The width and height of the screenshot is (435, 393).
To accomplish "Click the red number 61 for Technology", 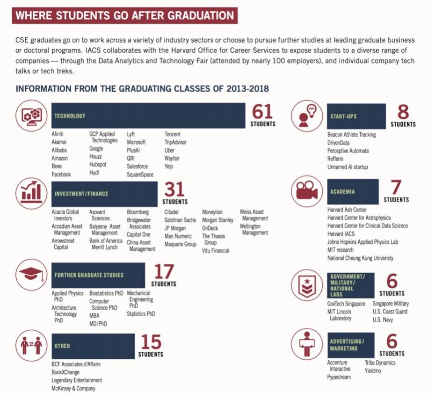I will [x=262, y=112].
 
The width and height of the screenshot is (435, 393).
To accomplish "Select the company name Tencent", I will [x=172, y=134].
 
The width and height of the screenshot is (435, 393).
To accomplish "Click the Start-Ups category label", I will [x=343, y=116].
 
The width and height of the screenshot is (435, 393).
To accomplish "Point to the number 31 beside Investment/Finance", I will [x=174, y=189].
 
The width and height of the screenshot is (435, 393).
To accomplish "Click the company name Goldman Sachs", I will [x=180, y=220].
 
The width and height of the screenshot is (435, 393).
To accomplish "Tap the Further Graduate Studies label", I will [x=89, y=275].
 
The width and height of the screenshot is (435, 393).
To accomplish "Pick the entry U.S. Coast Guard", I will [x=390, y=312].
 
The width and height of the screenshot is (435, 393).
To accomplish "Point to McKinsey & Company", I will [x=73, y=388].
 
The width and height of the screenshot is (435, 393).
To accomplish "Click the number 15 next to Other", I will [x=151, y=342].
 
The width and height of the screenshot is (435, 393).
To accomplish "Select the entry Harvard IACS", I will [x=341, y=234].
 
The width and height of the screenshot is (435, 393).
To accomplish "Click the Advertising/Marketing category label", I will [x=347, y=345].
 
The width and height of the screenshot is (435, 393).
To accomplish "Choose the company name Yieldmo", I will [x=374, y=371].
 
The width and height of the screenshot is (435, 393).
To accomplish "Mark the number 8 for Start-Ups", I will [x=403, y=112].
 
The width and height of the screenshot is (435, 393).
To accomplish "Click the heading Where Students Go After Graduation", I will [x=125, y=15].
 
